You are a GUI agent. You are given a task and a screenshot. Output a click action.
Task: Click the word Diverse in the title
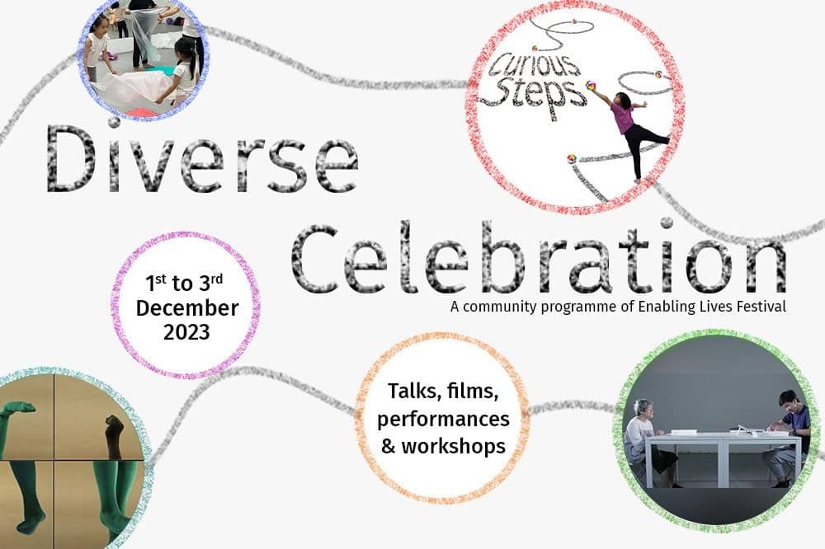coord(203,157)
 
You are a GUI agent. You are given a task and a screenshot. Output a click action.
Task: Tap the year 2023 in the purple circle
coord(186,332)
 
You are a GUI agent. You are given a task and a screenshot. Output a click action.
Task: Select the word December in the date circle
coord(186,308)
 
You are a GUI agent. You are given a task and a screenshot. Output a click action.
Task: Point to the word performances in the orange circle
coord(443,420)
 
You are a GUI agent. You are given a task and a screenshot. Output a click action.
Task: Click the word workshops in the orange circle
coord(453,446)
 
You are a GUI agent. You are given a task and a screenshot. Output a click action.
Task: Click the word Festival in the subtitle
coord(761,306)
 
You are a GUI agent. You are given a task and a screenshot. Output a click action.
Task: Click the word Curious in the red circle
coord(534,64)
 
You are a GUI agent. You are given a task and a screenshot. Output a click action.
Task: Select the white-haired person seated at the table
coord(648,441)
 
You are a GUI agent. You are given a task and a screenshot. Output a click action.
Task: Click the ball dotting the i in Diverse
coord(114,122)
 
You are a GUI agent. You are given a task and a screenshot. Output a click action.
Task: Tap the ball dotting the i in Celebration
coord(667,223)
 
